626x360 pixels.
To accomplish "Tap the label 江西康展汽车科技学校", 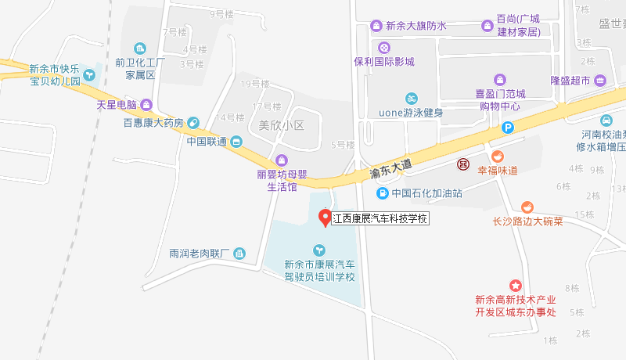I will coord(381,219).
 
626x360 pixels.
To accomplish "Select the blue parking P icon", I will coord(508,128).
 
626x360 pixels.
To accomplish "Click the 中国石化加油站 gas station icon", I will coord(382,193).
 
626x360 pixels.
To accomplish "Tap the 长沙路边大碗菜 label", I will coord(527,221).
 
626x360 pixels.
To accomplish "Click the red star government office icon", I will coord(515,286).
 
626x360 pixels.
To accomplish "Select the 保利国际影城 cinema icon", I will coord(383,47).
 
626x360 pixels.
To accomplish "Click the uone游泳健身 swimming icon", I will coord(411,99).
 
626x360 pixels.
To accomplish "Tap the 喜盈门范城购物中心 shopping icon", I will coord(500,79).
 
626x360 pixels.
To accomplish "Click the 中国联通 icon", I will coord(237,142).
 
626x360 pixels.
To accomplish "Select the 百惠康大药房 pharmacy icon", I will coord(193,122).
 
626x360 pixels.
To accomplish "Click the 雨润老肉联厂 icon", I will coord(239,254).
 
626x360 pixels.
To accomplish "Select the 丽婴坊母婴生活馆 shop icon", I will coord(272,160).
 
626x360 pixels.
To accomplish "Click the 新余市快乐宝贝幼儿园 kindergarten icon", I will coord(91,75).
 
